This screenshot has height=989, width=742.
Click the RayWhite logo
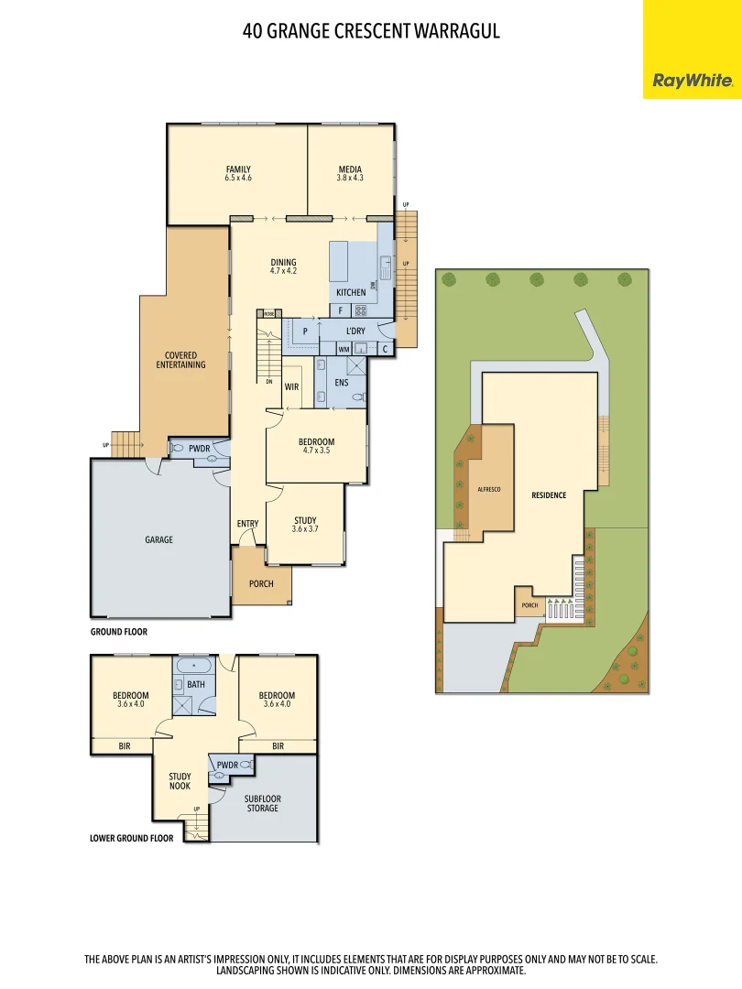pos(692,81)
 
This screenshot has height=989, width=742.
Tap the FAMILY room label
pos(238,169)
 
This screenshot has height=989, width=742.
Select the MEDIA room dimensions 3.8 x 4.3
pos(350,178)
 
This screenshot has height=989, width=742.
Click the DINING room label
pos(283,263)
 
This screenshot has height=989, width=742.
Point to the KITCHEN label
pos(351,292)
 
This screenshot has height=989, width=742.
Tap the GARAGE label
pos(158,540)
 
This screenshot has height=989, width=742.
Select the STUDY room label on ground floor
pos(305,520)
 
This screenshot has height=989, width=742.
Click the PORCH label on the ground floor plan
pos(261,583)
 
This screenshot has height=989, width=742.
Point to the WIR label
pos(291,386)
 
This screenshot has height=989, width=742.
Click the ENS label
pos(341,382)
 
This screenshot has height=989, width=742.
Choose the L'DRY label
pos(355,331)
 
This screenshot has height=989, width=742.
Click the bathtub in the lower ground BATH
pos(194,666)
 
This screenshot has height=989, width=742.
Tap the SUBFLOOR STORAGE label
pos(262,803)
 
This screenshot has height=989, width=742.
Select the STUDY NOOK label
pos(180,781)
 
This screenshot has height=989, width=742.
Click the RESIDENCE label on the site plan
pos(549,495)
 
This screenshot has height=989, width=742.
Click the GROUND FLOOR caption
pos(118,632)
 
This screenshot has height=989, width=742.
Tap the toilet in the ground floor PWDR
pos(178,448)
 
